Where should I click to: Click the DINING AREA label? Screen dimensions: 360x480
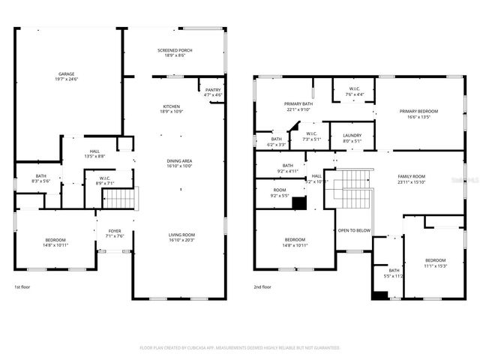(180, 163)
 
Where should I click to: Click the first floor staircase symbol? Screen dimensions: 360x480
(117, 199)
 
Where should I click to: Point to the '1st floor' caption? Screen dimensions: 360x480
(22, 286)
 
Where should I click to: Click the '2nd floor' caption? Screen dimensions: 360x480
(262, 286)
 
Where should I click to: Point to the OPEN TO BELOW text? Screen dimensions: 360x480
(352, 230)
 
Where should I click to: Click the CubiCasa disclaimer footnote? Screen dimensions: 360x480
(240, 348)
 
